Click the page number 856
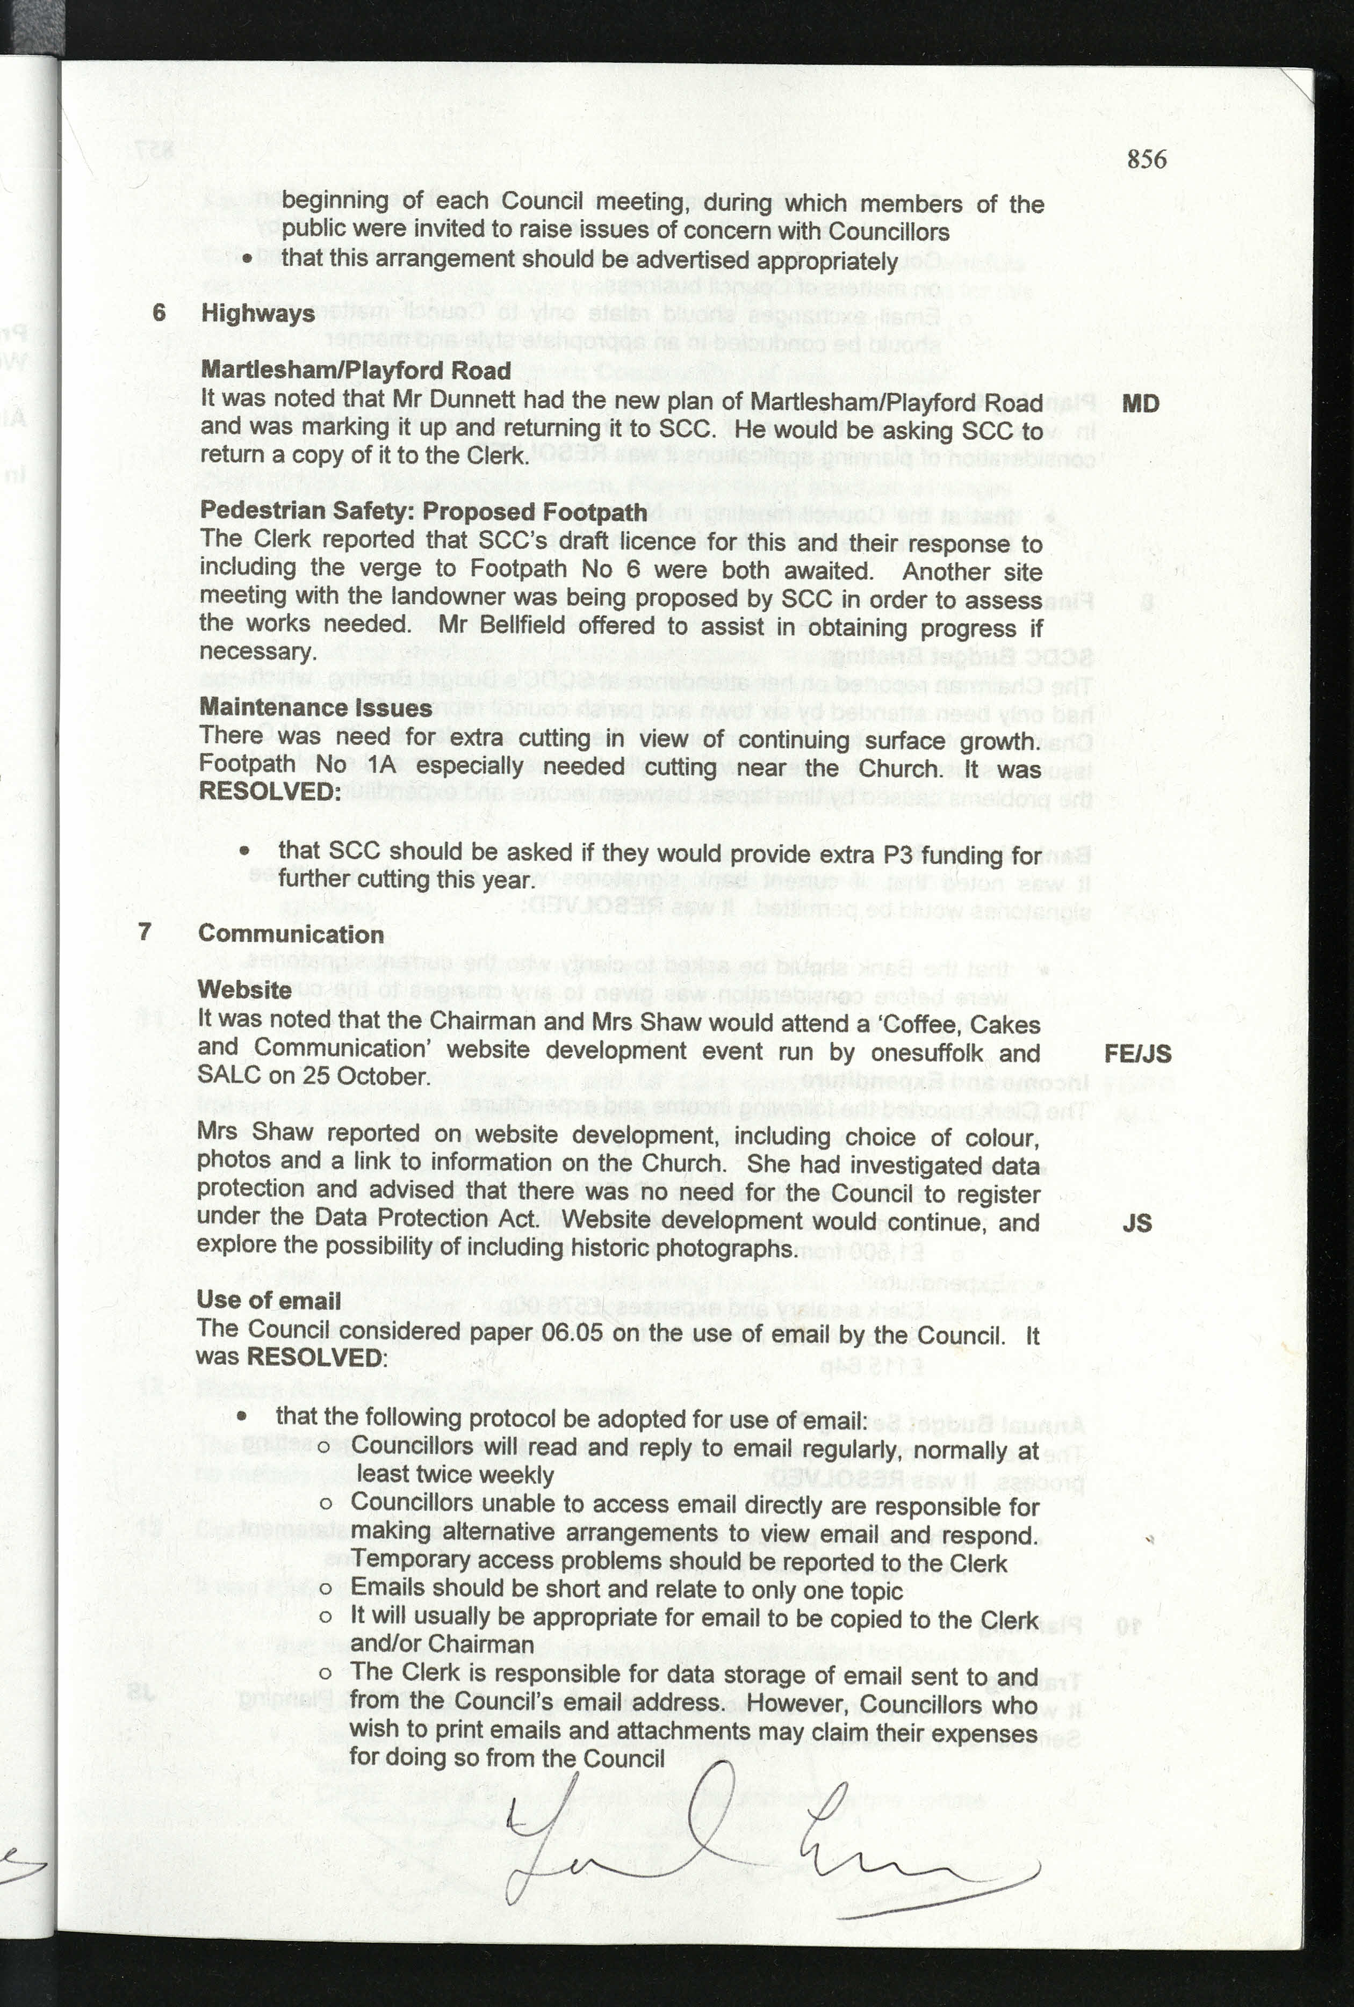coord(1146,159)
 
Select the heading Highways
coord(257,313)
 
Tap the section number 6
coord(159,311)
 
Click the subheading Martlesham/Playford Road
coord(356,371)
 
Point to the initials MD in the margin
coord(1140,404)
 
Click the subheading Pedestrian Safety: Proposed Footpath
coord(423,511)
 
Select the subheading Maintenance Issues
coord(315,708)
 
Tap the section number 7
coord(145,931)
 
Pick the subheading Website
coord(244,990)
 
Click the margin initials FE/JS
coord(1137,1054)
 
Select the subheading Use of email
coord(269,1301)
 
